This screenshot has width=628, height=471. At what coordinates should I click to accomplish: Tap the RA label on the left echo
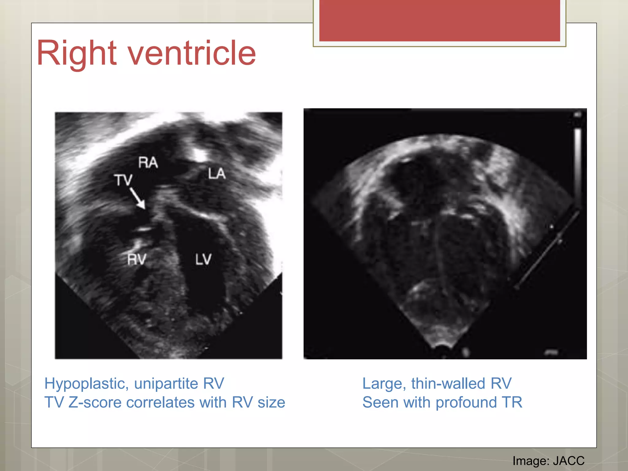pyautogui.click(x=148, y=163)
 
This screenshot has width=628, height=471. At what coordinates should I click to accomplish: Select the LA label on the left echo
pyautogui.click(x=217, y=174)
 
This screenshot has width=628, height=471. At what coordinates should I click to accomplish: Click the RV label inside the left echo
pyautogui.click(x=137, y=260)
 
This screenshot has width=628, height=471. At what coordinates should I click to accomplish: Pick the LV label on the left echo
pyautogui.click(x=203, y=259)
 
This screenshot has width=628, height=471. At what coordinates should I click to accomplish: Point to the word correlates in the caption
pyautogui.click(x=160, y=402)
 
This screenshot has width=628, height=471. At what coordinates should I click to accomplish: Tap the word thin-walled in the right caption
pyautogui.click(x=448, y=384)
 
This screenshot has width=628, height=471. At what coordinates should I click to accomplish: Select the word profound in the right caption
pyautogui.click(x=466, y=403)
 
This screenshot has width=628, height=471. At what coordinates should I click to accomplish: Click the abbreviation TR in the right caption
pyautogui.click(x=512, y=402)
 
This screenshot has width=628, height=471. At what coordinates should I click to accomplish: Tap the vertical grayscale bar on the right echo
pyautogui.click(x=578, y=166)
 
